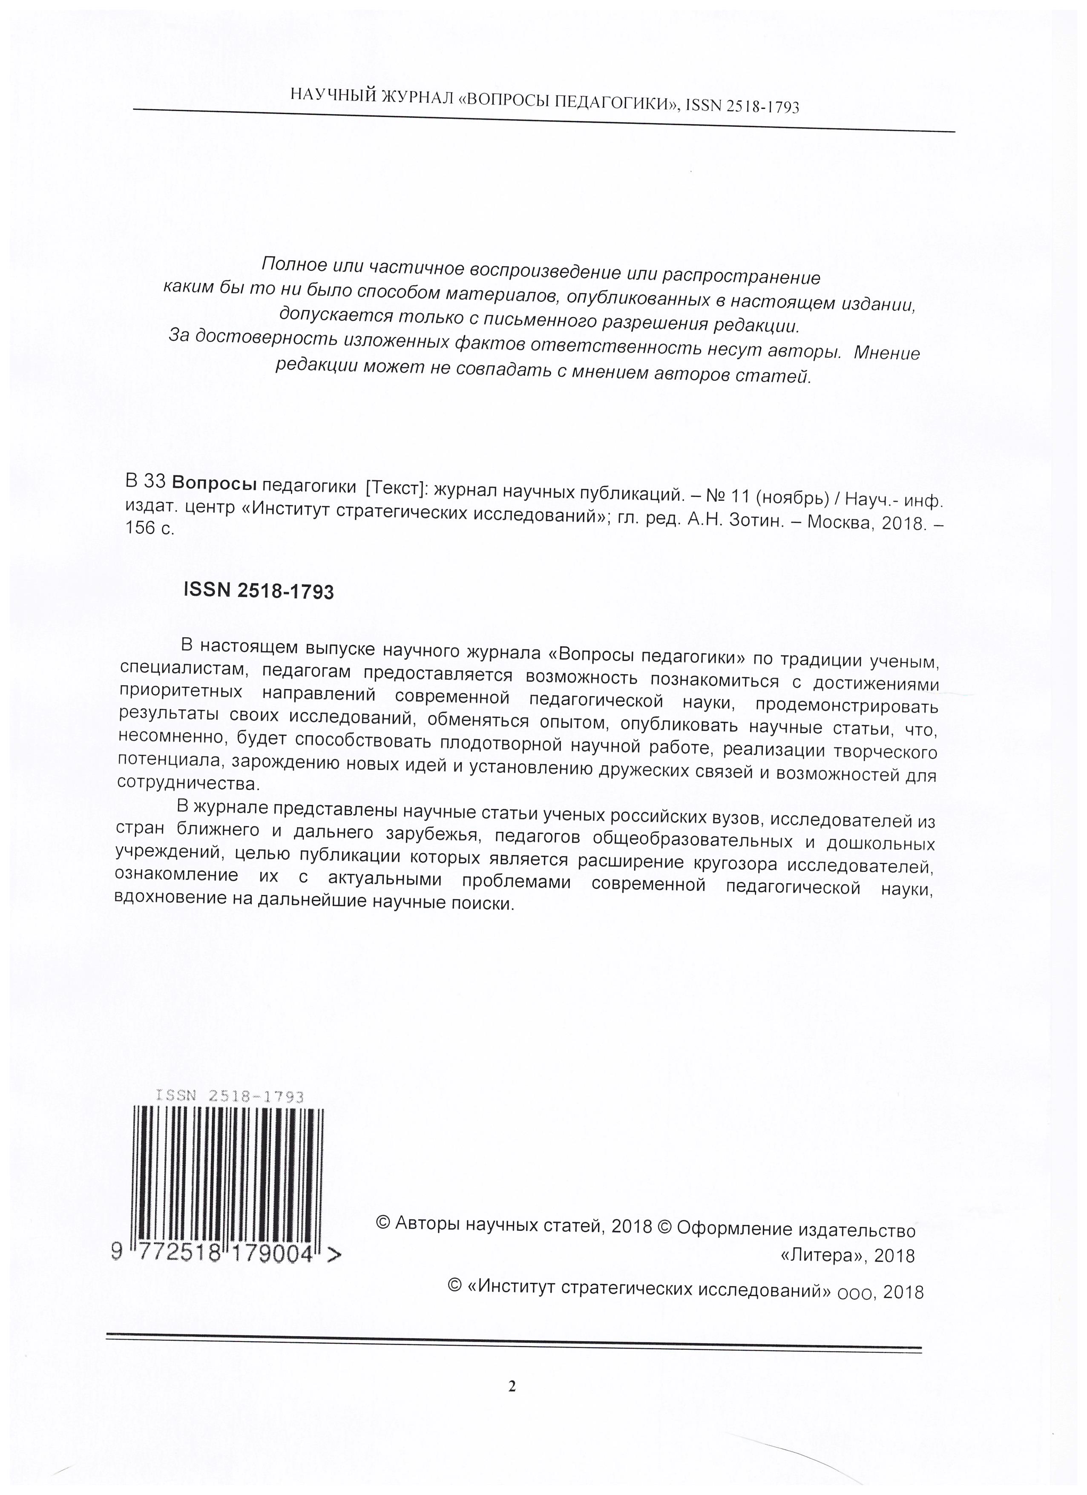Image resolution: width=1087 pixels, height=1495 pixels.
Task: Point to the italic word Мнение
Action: click(887, 354)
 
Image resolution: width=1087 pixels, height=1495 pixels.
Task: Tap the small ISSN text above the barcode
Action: click(230, 1097)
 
